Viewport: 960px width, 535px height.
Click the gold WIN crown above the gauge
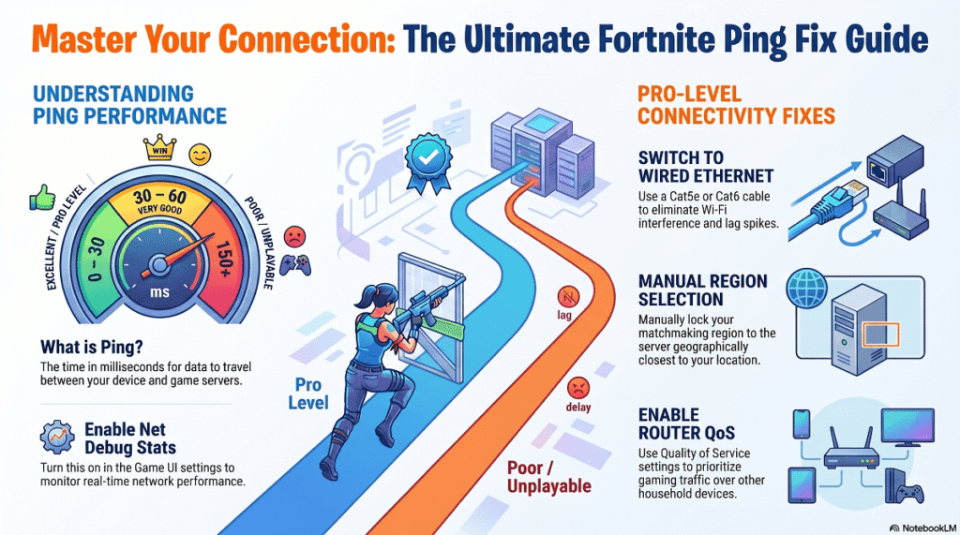pos(159,147)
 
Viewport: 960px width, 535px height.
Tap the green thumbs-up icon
pos(42,198)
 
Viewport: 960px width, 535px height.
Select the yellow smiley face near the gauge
pos(200,155)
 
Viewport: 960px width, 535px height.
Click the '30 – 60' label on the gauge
pos(159,197)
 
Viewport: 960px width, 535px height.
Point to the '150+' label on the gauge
pos(223,259)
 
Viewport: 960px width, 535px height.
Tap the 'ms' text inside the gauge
pos(159,292)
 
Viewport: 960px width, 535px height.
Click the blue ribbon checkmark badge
pos(427,161)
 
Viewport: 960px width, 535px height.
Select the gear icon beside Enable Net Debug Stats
pos(57,437)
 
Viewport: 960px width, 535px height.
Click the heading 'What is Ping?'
pos(92,347)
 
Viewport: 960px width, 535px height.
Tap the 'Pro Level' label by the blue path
pos(308,394)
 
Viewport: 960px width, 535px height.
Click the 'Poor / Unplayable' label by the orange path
pos(549,477)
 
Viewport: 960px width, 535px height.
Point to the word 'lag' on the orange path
pos(564,315)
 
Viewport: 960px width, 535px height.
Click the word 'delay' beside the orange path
pos(577,407)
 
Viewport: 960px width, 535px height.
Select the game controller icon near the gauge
pos(295,264)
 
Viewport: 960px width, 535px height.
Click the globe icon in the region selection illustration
pos(807,287)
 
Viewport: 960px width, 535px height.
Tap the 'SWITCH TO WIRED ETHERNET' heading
pos(706,167)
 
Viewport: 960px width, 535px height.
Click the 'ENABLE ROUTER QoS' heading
pos(686,424)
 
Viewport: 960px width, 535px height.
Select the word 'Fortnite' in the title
pos(655,38)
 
